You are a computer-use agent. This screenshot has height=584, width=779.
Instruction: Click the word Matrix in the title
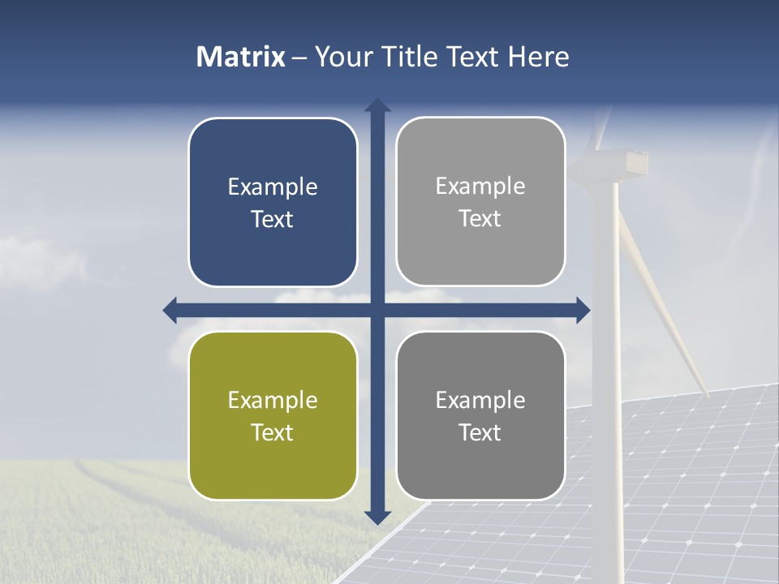(241, 57)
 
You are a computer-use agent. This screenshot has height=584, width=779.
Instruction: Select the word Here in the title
(539, 57)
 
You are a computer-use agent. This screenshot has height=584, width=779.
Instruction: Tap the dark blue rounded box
(273, 202)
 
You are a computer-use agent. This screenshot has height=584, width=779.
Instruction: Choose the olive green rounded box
(273, 415)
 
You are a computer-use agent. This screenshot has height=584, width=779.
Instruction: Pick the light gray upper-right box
(480, 201)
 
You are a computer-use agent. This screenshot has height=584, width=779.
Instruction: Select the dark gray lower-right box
(480, 415)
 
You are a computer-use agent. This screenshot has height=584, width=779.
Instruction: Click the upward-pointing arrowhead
(377, 105)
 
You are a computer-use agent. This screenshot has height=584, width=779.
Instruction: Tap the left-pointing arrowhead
(170, 310)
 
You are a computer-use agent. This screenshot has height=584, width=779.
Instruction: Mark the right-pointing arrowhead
(583, 310)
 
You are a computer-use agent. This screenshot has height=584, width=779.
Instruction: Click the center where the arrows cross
(377, 310)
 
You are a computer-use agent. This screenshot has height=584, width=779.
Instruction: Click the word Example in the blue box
(273, 187)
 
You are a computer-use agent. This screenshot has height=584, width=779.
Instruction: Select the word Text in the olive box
(273, 432)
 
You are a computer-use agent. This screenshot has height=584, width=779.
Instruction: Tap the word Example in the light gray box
(480, 187)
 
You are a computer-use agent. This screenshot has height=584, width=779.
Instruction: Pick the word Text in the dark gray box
(480, 432)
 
